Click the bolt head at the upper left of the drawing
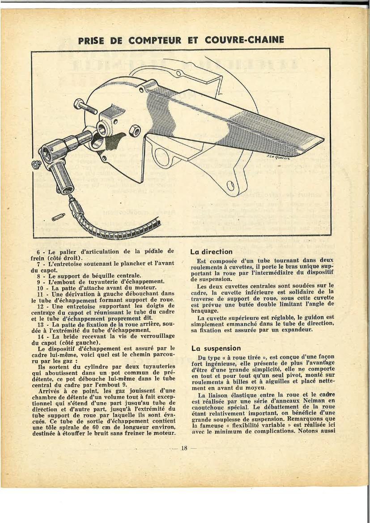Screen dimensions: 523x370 tap(80, 105)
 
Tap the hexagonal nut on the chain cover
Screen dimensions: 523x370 tap(135, 131)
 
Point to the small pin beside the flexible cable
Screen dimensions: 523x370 tap(56, 217)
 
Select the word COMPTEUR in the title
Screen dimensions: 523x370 tap(155, 40)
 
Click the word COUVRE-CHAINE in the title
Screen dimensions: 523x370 tap(244, 40)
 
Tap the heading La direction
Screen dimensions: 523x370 tap(212, 252)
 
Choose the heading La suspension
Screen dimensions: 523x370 tap(216, 348)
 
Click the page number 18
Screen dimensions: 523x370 tap(184, 448)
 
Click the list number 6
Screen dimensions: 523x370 tap(39, 252)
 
